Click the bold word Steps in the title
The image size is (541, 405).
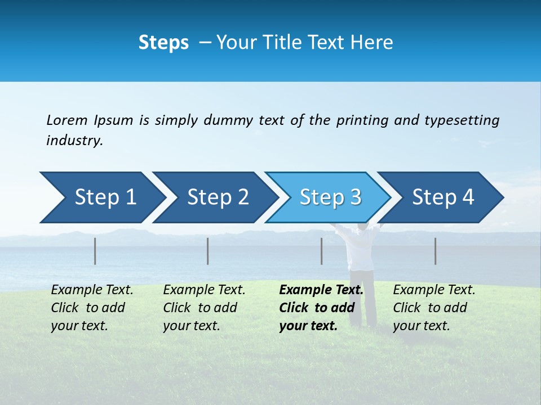163,43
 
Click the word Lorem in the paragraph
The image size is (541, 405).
66,120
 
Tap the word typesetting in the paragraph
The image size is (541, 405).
462,120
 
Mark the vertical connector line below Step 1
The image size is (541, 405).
95,251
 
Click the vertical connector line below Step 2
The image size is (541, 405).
208,251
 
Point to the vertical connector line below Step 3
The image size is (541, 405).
322,251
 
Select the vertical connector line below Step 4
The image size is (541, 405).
436,251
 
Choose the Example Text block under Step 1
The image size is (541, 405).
92,308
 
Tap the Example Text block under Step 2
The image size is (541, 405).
204,308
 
